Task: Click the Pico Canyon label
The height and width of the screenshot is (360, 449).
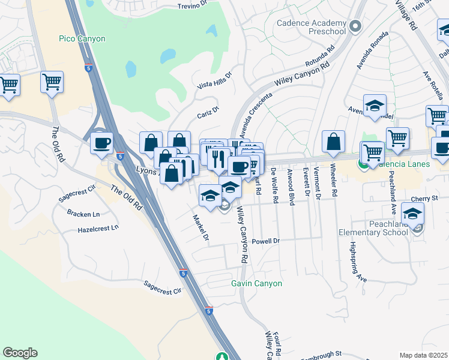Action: tap(82, 39)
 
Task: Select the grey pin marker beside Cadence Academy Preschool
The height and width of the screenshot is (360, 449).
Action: tap(356, 26)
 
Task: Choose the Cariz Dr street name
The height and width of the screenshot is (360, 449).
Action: tap(208, 112)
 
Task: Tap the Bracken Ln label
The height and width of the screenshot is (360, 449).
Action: tap(84, 214)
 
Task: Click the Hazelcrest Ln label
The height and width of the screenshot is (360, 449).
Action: tap(98, 229)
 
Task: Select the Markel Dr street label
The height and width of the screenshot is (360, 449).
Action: tap(200, 229)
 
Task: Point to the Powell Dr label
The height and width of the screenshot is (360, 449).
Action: tap(266, 241)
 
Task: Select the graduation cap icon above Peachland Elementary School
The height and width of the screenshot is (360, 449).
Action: tap(413, 213)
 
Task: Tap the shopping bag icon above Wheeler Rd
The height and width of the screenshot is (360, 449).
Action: tap(333, 142)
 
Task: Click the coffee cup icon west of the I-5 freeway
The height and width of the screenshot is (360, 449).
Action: tap(101, 143)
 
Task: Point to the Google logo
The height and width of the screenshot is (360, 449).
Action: tap(20, 353)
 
